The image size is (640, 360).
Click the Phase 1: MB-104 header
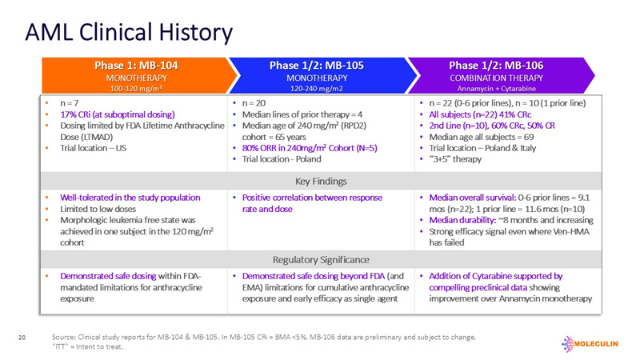[133, 65]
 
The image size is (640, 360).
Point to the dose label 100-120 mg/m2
[133, 88]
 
